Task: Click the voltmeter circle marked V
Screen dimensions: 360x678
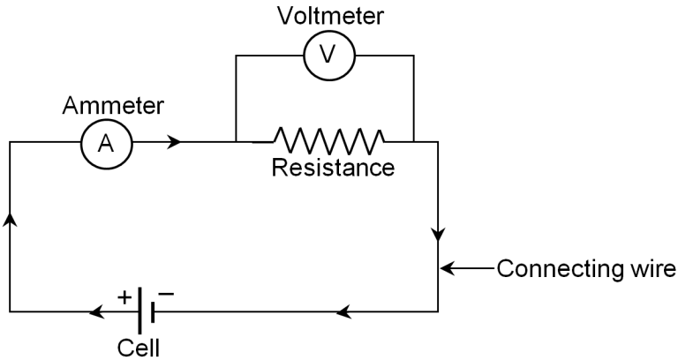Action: pyautogui.click(x=328, y=55)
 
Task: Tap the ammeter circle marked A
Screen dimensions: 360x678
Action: pyautogui.click(x=106, y=143)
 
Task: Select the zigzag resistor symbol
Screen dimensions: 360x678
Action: pyautogui.click(x=328, y=140)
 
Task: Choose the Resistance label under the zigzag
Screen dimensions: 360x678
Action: pyautogui.click(x=333, y=169)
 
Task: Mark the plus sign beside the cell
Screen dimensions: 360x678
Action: pyautogui.click(x=124, y=296)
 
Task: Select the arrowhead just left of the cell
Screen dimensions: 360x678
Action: pyautogui.click(x=95, y=312)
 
